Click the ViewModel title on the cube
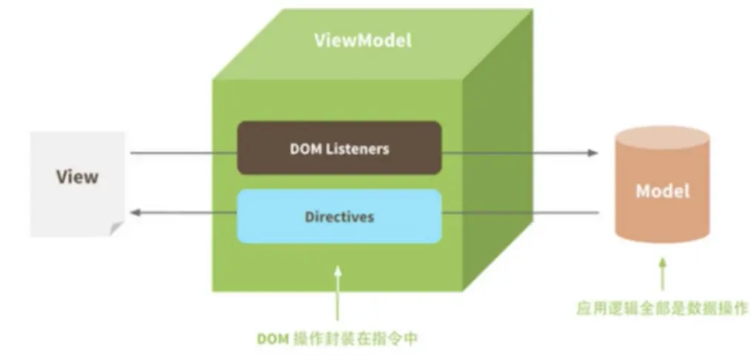362,40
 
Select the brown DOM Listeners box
338,148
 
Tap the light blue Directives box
338,217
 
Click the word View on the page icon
77,177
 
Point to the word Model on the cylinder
662,190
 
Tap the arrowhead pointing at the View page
136,213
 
